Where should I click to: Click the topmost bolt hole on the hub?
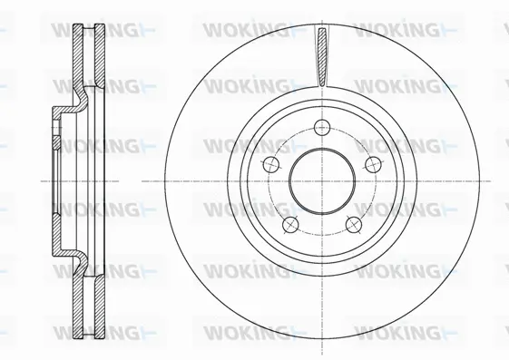coord(322,128)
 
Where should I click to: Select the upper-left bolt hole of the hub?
coord(270,164)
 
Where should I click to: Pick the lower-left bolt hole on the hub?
coord(290,225)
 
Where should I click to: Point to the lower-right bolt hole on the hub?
coord(355,225)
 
